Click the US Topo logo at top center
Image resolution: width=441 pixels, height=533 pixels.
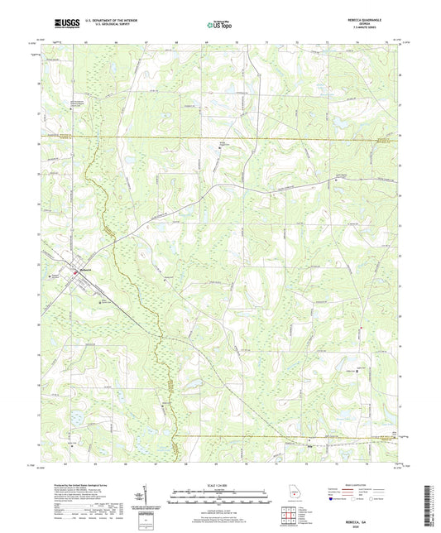218,26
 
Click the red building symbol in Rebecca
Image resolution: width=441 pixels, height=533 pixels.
77,271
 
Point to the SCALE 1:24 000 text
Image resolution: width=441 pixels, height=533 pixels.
219,485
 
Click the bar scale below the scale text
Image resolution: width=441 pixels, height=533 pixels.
219,496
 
